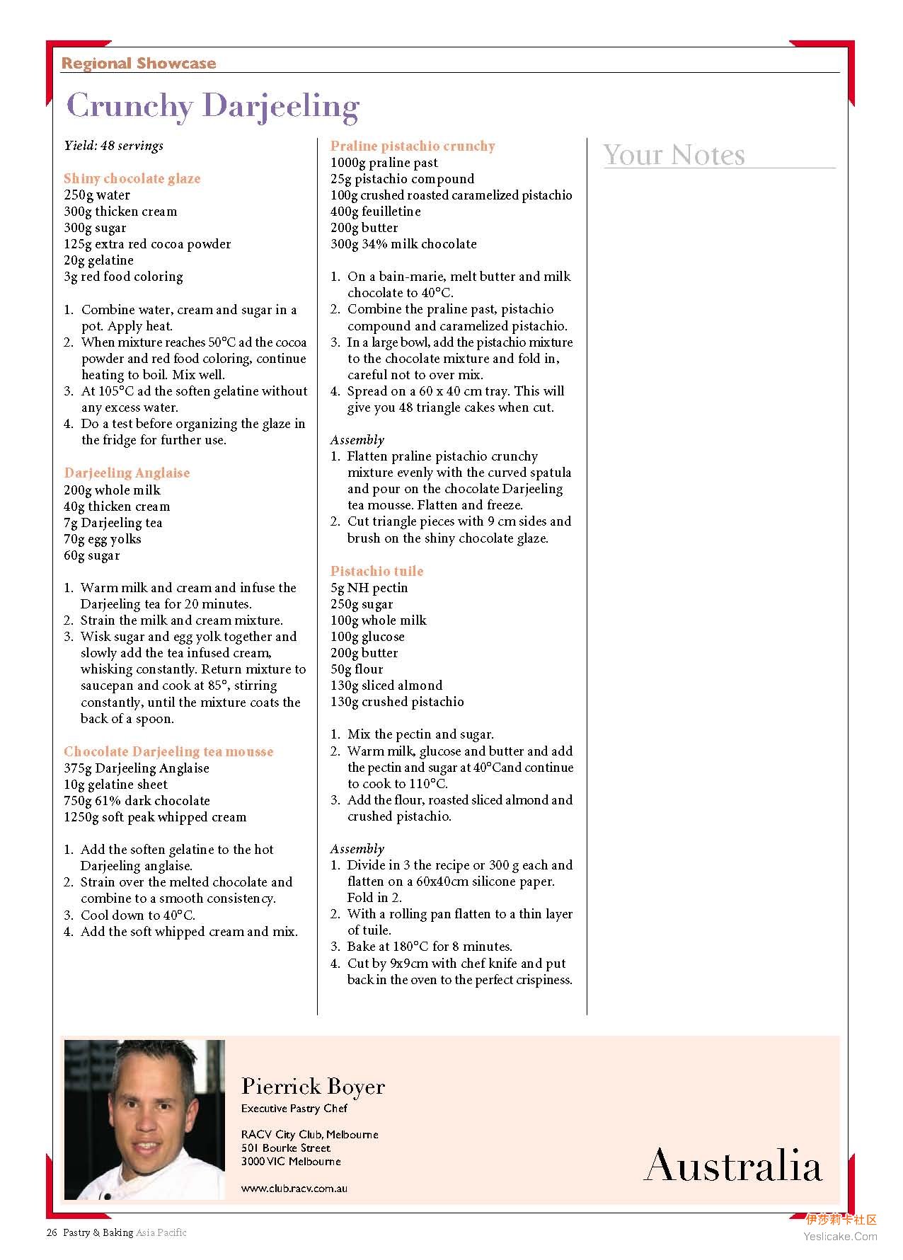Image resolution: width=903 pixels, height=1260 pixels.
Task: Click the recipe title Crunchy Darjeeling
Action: coord(212,106)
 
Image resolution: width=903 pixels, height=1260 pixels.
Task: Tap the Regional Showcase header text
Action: coord(138,64)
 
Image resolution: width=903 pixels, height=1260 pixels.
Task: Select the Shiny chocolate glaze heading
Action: coord(132,178)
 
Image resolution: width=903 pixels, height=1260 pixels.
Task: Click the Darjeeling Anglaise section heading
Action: coord(127,473)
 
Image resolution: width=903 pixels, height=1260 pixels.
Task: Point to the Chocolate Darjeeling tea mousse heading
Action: coord(168,751)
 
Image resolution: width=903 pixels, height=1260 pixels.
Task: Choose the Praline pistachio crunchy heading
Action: coord(413,146)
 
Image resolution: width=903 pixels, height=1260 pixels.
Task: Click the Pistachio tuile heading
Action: coord(376,571)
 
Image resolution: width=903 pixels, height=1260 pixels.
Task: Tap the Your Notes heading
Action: coord(674,155)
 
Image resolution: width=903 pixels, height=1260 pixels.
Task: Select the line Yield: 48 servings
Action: coord(113,146)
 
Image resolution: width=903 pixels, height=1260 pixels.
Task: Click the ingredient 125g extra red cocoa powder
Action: coord(147,244)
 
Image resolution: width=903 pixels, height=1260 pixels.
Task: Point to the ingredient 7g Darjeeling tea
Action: coord(113,523)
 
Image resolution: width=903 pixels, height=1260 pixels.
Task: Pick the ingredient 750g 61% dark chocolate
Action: coord(137,801)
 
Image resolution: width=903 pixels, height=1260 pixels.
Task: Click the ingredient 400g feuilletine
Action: coord(375,212)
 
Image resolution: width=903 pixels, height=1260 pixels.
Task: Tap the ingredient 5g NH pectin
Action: coord(369,588)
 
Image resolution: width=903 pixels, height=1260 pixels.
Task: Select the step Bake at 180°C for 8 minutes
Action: coord(430,947)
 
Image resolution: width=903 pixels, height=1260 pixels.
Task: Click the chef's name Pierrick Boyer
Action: coord(313,1087)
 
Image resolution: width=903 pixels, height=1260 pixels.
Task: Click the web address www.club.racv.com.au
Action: coord(294,1189)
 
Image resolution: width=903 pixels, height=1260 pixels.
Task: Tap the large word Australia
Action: coord(733,1165)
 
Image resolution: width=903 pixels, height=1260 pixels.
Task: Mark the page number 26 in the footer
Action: coord(52,1232)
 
